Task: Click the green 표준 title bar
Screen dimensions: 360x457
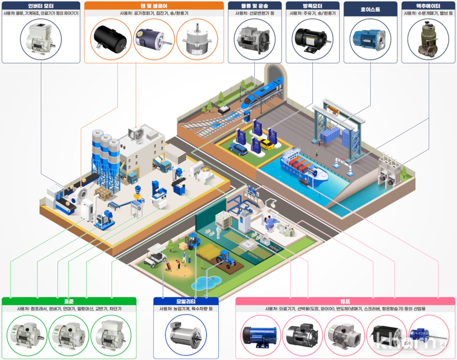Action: click(69, 301)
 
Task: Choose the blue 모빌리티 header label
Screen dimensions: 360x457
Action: click(185, 301)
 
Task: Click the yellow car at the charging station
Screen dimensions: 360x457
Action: click(266, 143)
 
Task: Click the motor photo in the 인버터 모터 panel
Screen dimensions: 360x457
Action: click(41, 39)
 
